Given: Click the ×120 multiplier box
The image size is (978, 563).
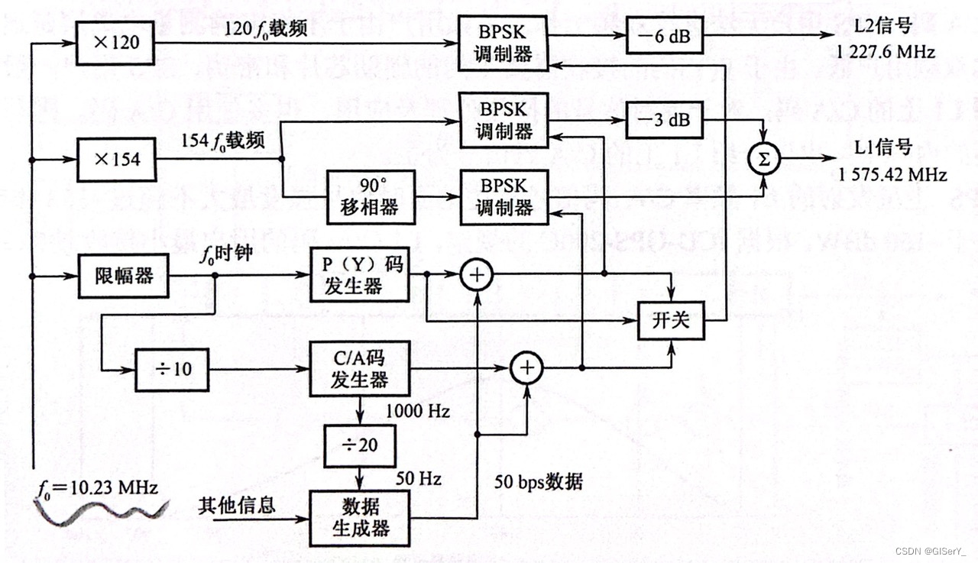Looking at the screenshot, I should [115, 43].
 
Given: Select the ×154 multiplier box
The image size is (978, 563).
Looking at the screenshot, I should [115, 159].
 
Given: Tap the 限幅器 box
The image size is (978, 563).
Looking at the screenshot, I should [115, 275].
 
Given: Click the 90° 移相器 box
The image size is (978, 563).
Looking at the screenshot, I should [371, 197].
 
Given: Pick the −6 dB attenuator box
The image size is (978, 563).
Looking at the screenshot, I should [664, 35].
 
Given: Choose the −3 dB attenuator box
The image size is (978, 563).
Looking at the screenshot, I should [664, 120].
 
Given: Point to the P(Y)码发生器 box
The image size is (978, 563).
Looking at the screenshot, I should [359, 275].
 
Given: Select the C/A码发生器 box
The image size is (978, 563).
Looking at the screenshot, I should [359, 368].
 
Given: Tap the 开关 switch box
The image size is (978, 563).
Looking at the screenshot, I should [671, 320].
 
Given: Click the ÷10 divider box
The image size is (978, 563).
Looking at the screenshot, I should [172, 370].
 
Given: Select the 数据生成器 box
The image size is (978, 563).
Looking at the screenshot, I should [359, 517].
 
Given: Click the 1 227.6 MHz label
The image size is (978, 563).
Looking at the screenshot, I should [886, 53].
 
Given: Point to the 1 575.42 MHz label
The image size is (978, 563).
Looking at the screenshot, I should [892, 175].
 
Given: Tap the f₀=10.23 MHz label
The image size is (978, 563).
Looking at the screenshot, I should [99, 487].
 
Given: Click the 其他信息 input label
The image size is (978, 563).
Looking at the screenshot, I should [237, 505].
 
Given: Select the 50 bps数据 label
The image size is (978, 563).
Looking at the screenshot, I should [539, 481].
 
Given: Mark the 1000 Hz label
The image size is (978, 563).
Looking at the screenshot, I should [418, 411].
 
